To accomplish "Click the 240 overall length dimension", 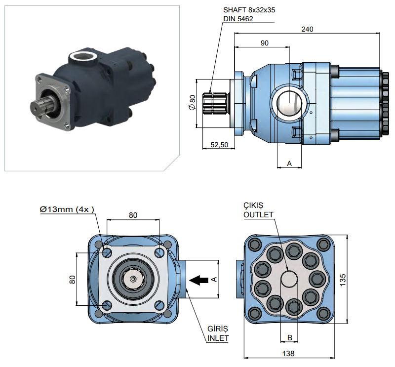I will tap(307, 29).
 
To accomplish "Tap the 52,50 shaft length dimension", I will tap(219, 145).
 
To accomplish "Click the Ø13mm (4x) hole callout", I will tap(67, 209).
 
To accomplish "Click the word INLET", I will tap(218, 339).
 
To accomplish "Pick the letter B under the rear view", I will tap(290, 337).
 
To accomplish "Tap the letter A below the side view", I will tap(289, 163).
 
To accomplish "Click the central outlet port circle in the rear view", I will tap(290, 278).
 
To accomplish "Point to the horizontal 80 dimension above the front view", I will tap(133, 215).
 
